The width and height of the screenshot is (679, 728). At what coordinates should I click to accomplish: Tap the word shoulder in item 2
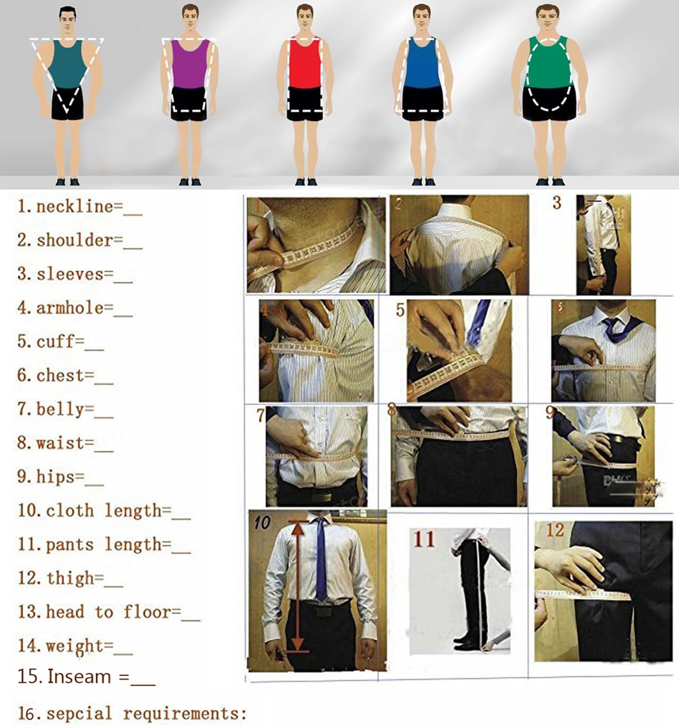75,240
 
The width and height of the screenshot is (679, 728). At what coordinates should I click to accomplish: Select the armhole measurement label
70,308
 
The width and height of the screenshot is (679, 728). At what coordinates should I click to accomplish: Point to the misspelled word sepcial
79,714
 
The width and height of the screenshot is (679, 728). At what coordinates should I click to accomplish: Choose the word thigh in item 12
70,578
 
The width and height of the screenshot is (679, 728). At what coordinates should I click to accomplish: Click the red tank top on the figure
305,62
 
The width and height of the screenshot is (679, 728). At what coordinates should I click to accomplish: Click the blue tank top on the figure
423,62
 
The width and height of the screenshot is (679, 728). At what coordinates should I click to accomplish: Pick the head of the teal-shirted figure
68,21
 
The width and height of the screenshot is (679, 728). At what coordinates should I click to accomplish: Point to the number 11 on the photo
424,539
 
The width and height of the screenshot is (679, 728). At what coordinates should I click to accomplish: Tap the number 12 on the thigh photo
555,530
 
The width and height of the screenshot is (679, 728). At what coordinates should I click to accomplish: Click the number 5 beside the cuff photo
400,310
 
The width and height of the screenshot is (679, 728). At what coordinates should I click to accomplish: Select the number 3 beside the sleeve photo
557,203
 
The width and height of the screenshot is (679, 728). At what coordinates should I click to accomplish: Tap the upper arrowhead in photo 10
299,527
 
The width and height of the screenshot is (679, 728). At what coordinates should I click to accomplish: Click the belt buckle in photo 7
323,497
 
